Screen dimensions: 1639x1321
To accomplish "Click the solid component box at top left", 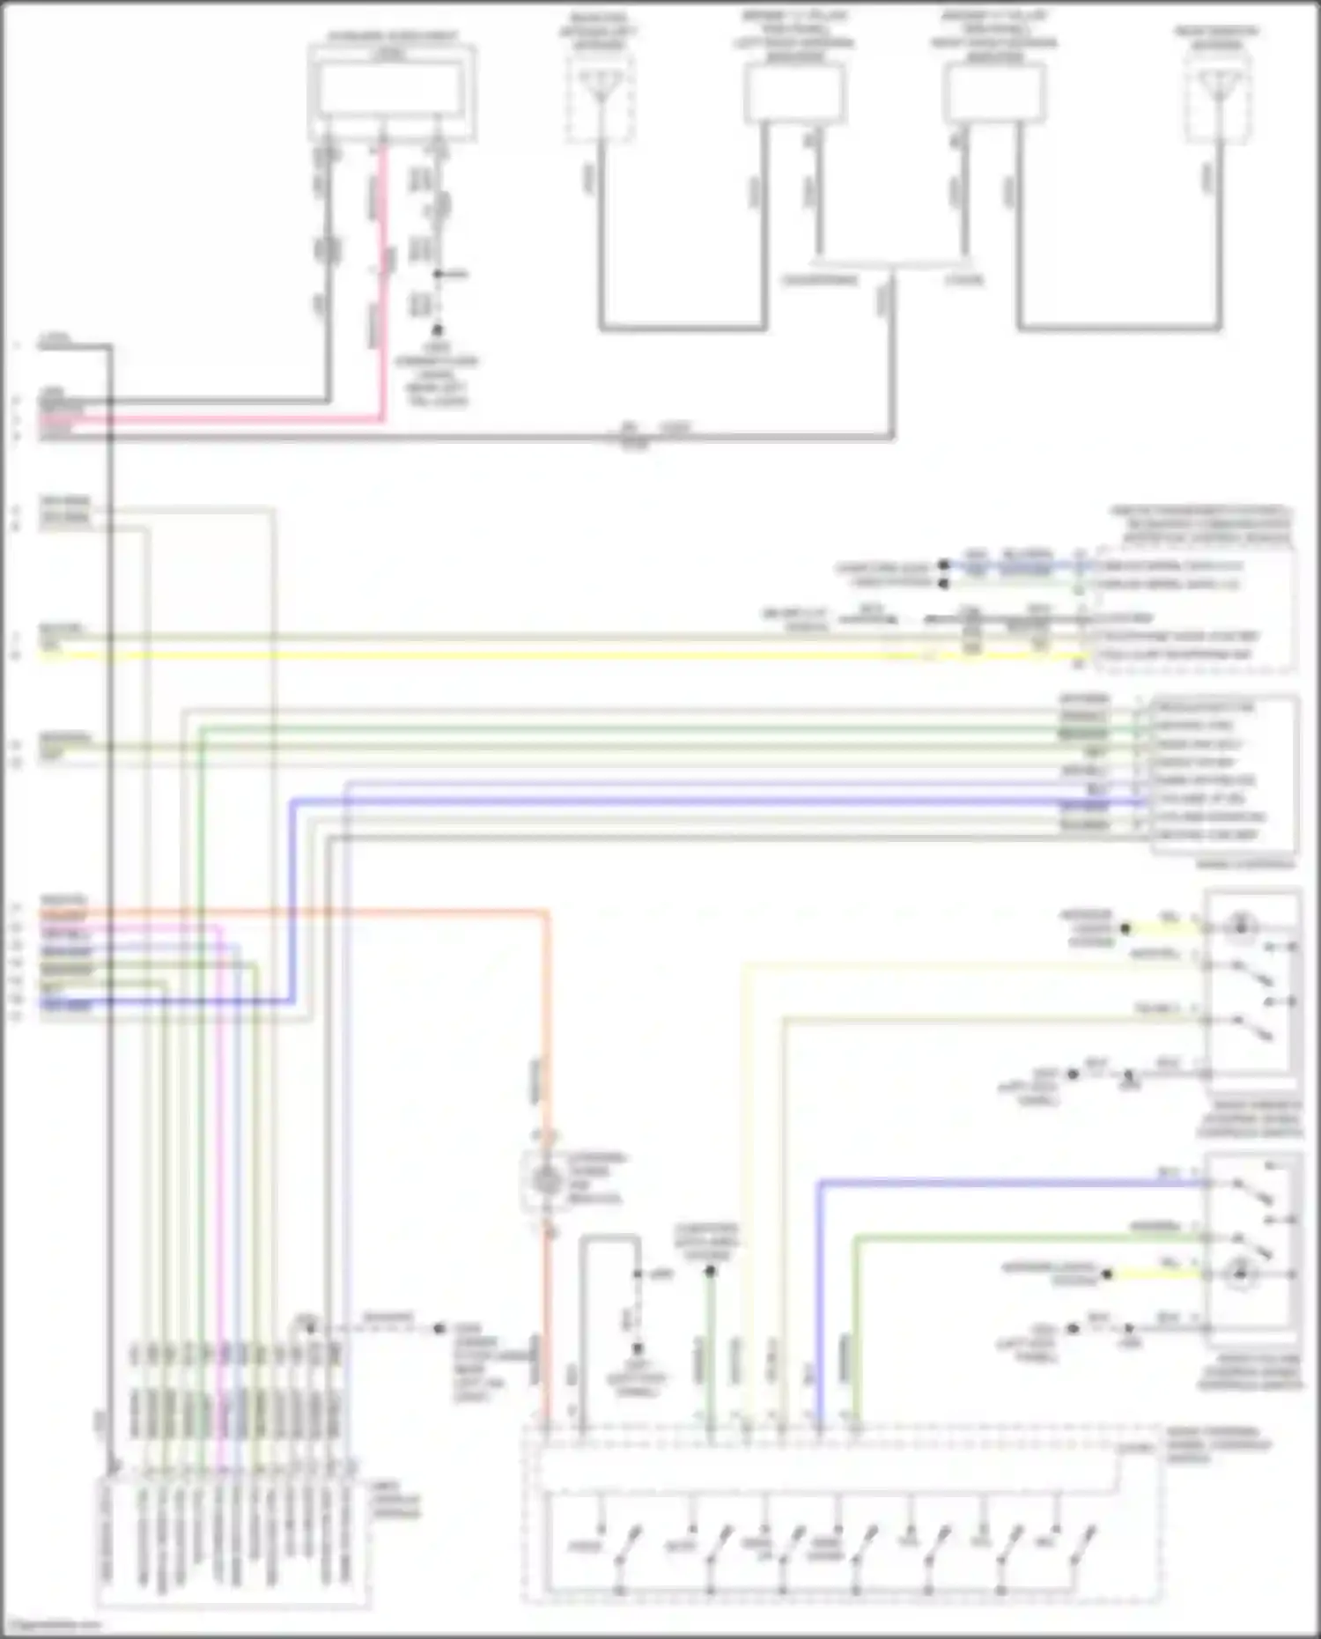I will (x=391, y=92).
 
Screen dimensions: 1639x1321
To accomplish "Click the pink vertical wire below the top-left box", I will (x=382, y=282).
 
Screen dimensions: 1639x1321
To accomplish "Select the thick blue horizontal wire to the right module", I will (x=705, y=801).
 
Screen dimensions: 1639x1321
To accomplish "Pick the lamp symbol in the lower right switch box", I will (x=1240, y=1274).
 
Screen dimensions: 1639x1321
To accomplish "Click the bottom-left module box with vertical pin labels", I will (x=231, y=1541).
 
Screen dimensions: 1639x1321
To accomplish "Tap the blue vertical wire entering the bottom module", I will (x=819, y=1303).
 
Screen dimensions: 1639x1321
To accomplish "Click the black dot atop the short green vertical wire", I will (x=710, y=1271).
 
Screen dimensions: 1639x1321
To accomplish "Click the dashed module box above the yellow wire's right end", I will (x=1189, y=608).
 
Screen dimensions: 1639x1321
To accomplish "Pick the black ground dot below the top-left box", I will (x=437, y=331).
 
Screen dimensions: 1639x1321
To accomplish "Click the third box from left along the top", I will (x=794, y=92).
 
